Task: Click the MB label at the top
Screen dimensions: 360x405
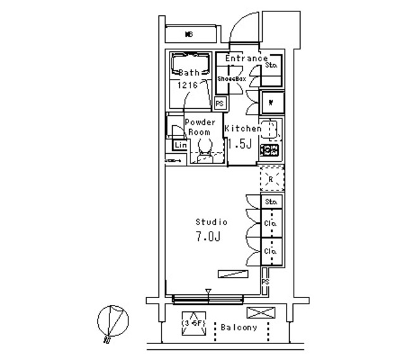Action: (x=189, y=34)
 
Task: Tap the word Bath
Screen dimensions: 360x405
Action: (x=189, y=72)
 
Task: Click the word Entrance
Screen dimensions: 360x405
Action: (x=246, y=58)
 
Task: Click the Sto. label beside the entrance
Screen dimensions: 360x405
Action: (x=273, y=65)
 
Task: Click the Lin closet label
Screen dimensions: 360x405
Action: (x=180, y=146)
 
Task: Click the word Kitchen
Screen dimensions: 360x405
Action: (x=242, y=128)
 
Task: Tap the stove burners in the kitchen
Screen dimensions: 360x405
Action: (x=271, y=151)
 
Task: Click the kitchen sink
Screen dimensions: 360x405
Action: (x=270, y=129)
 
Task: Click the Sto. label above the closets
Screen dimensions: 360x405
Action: (x=272, y=202)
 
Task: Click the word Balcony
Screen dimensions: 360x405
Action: (x=239, y=328)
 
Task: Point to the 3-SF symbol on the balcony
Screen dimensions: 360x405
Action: (x=192, y=323)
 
